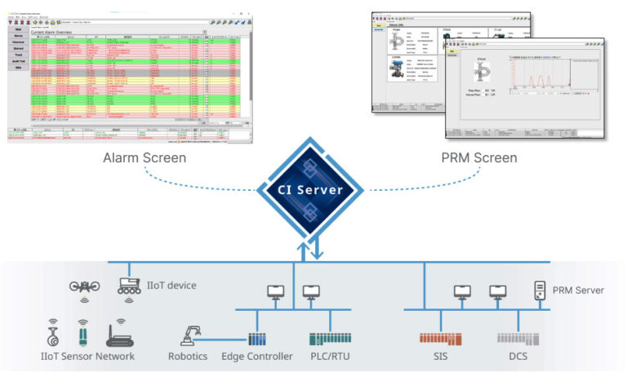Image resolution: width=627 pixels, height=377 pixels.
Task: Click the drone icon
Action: click(x=84, y=287)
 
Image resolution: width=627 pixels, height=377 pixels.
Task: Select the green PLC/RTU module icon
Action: click(x=330, y=338)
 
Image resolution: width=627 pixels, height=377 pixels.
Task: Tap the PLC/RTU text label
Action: click(x=330, y=357)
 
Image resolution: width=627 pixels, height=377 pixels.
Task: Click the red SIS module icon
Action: click(x=440, y=338)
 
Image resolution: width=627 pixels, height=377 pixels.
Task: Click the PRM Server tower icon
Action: click(x=539, y=290)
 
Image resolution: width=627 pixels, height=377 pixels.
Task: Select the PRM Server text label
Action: click(x=578, y=291)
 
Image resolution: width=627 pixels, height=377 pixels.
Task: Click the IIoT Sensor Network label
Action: click(x=87, y=357)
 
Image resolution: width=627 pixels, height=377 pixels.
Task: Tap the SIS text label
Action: click(x=440, y=357)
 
